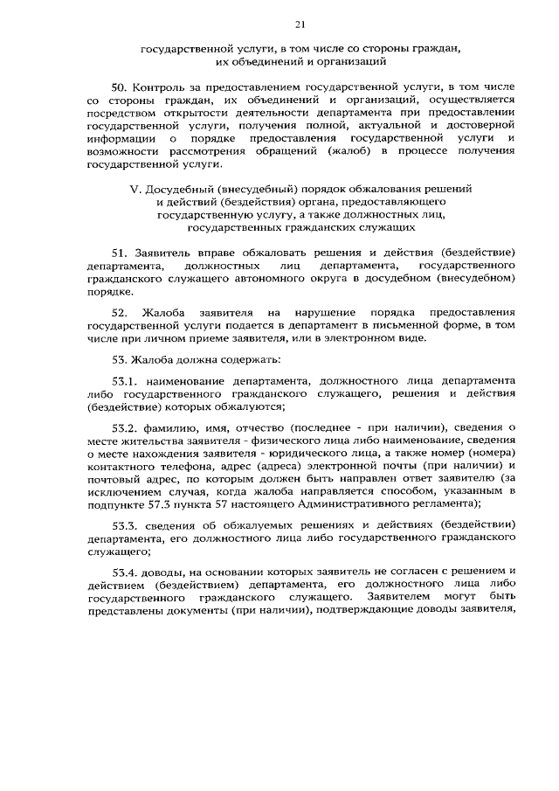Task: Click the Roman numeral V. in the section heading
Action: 134,190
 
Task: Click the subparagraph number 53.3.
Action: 125,525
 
